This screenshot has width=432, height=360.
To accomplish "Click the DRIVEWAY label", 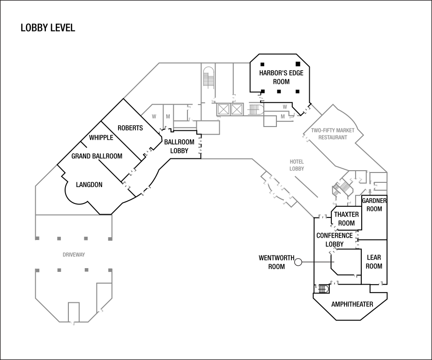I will pyautogui.click(x=74, y=255).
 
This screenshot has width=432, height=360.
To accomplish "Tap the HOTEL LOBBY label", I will pyautogui.click(x=297, y=165).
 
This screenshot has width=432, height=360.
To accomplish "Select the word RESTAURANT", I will pyautogui.click(x=333, y=138).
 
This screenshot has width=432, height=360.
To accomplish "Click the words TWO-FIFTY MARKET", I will pyautogui.click(x=333, y=131).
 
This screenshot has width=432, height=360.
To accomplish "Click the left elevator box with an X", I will pyautogui.click(x=223, y=110).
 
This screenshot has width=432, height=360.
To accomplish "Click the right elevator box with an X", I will pyautogui.click(x=237, y=110).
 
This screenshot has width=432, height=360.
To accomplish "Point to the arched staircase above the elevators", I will pyautogui.click(x=209, y=78).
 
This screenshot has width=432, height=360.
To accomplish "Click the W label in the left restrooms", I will pyautogui.click(x=154, y=117).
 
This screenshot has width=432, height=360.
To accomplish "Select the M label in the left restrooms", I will pyautogui.click(x=168, y=117).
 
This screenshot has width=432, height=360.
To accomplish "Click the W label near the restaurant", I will pyautogui.click(x=285, y=107).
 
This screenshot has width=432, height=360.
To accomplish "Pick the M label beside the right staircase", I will pyautogui.click(x=283, y=116).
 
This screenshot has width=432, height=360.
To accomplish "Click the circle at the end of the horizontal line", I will pyautogui.click(x=298, y=262).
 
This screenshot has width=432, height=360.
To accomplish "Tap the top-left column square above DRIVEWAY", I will pyautogui.click(x=37, y=239).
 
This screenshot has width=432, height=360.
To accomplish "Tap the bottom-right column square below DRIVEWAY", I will pyautogui.click(x=110, y=270).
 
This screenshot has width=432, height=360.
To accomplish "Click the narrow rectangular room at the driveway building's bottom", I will pyautogui.click(x=74, y=312).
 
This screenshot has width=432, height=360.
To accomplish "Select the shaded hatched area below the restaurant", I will pyautogui.click(x=342, y=188).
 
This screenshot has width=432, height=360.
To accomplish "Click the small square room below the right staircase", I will pyautogui.click(x=270, y=121).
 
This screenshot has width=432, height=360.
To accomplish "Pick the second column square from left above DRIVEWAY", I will pyautogui.click(x=59, y=239).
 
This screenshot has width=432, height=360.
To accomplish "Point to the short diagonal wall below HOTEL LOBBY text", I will pyautogui.click(x=306, y=187).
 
